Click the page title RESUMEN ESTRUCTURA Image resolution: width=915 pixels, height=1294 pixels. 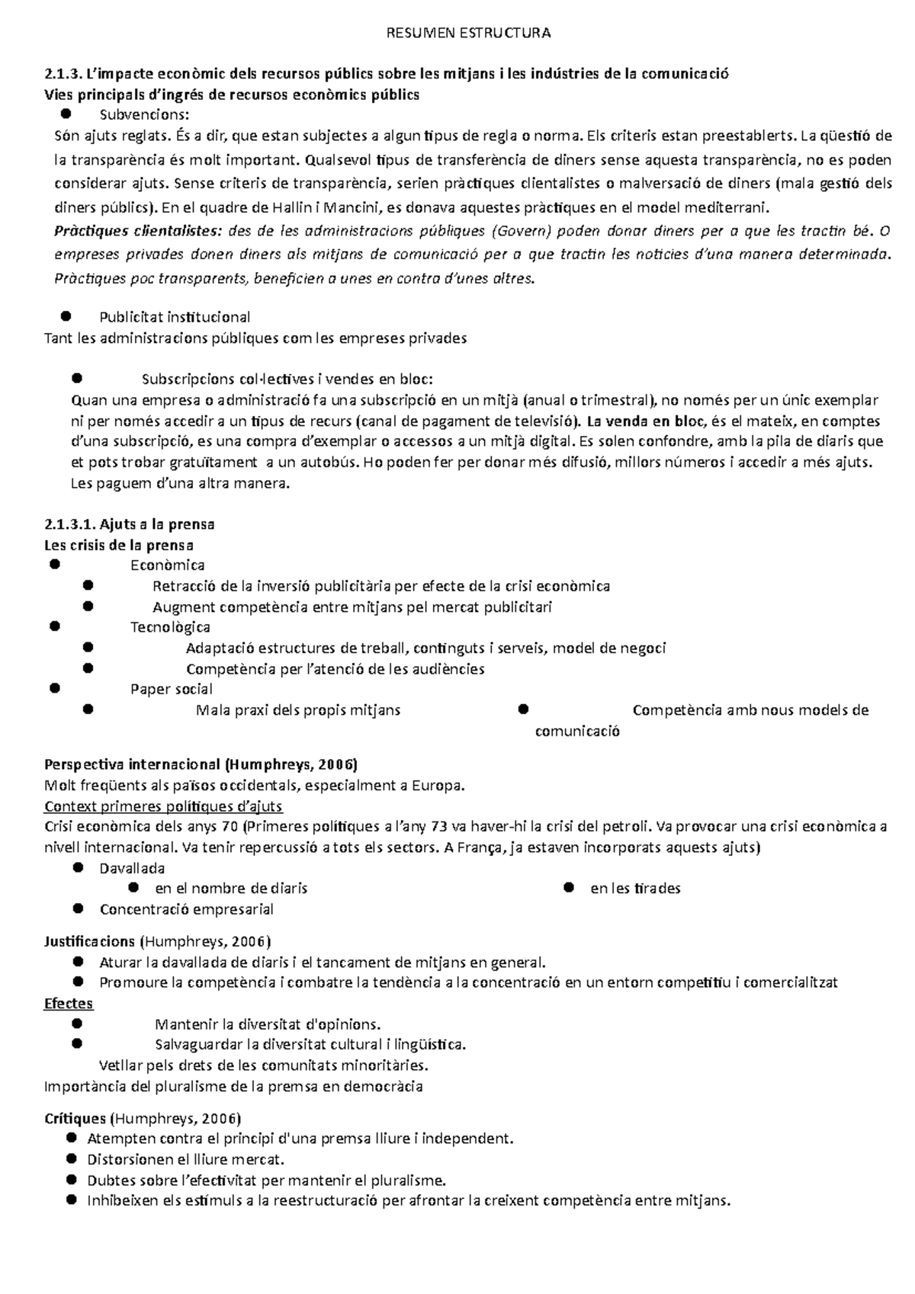coord(468,33)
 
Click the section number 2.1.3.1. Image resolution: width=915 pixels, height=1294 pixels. coord(71,524)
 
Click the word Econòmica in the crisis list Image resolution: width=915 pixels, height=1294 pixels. coord(167,565)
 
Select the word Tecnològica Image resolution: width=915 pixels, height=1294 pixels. coord(170,627)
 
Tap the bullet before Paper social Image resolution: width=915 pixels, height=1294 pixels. coord(54,688)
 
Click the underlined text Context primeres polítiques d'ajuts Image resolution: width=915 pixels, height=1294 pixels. coord(164,806)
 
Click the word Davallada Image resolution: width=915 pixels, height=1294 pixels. coord(132,868)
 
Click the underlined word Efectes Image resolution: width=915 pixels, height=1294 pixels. coord(69,1003)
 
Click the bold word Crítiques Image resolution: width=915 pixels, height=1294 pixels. coord(75,1119)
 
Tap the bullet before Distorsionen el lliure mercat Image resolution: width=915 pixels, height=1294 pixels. coord(72,1159)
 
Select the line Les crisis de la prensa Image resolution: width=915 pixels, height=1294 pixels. coord(119,545)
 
